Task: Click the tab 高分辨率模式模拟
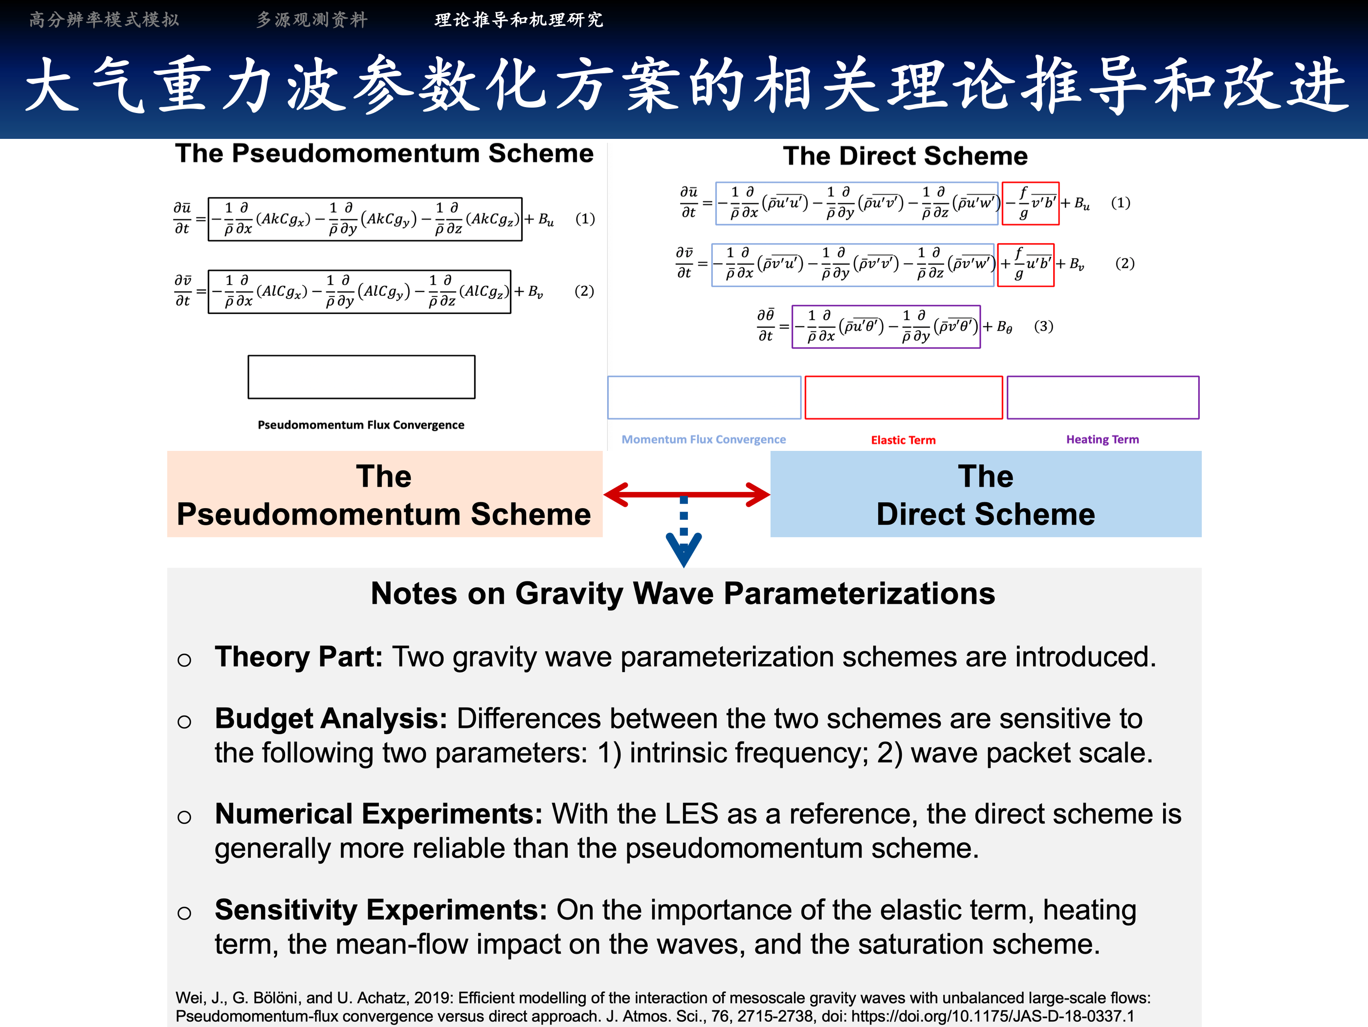pyautogui.click(x=104, y=20)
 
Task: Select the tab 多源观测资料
pyautogui.click(x=312, y=20)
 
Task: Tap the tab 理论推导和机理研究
pyautogui.click(x=518, y=20)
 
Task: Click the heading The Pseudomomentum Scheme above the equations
pyautogui.click(x=384, y=154)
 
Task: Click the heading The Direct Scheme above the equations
pyautogui.click(x=905, y=156)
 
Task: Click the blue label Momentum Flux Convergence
pyautogui.click(x=703, y=439)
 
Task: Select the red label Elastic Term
pyautogui.click(x=903, y=440)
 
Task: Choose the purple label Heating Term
pyautogui.click(x=1102, y=439)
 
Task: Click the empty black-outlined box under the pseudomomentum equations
pyautogui.click(x=361, y=377)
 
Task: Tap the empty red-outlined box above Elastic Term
pyautogui.click(x=903, y=398)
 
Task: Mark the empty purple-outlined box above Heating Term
pyautogui.click(x=1103, y=398)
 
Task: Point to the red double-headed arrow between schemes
pyautogui.click(x=686, y=494)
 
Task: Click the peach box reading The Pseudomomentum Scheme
pyautogui.click(x=384, y=494)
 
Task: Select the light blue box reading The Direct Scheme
pyautogui.click(x=985, y=494)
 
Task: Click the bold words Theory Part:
pyautogui.click(x=299, y=657)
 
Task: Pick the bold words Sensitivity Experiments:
pyautogui.click(x=380, y=910)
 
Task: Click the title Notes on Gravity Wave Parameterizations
pyautogui.click(x=683, y=594)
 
